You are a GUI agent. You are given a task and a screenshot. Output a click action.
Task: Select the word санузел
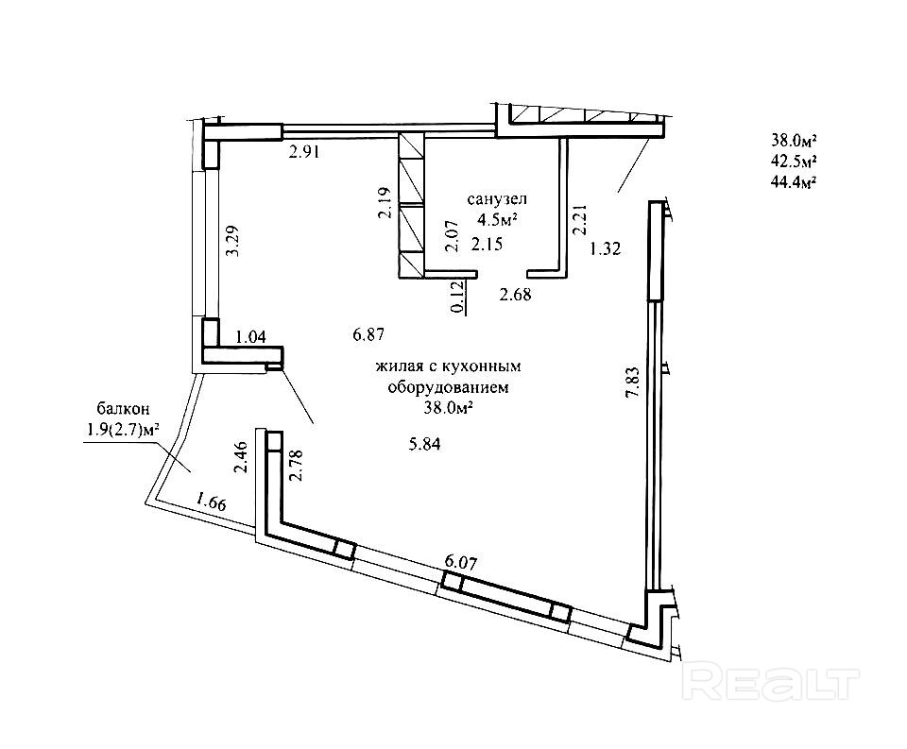[x=497, y=199]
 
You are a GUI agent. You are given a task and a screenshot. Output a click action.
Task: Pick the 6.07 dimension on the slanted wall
[x=460, y=561]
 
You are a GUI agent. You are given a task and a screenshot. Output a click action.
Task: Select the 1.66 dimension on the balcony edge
[x=211, y=502]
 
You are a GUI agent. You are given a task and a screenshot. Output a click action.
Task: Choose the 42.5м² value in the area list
[x=794, y=162]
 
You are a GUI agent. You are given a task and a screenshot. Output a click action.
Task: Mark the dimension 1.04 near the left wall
[x=249, y=334]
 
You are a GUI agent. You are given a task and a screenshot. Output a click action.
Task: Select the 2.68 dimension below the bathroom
[x=515, y=294]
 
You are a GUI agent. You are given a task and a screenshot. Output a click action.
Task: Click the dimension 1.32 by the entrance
[x=604, y=249]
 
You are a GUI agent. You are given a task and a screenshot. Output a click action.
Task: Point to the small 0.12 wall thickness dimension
[x=457, y=298]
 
